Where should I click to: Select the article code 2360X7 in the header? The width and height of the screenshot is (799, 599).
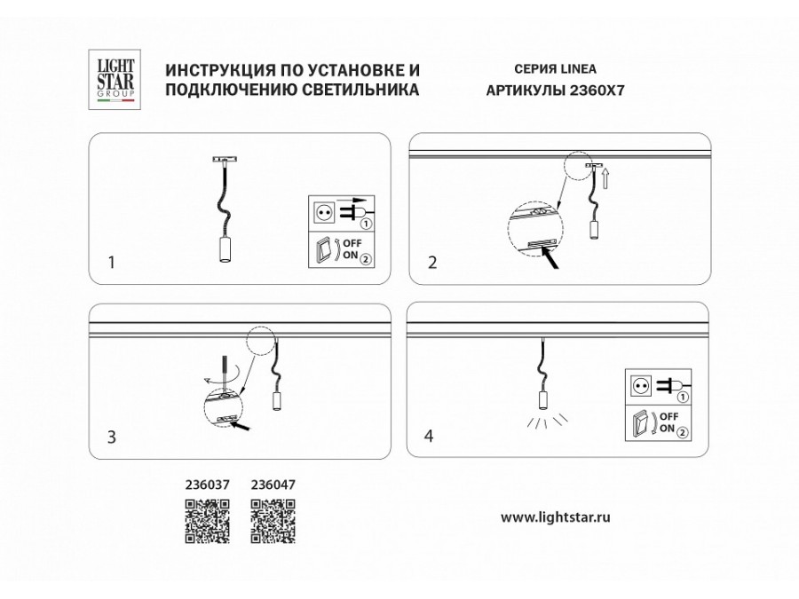pyautogui.click(x=607, y=91)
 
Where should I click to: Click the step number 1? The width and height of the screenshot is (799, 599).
pyautogui.click(x=110, y=263)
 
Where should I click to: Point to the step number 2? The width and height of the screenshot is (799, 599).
pyautogui.click(x=432, y=263)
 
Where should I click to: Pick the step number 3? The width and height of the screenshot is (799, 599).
pyautogui.click(x=111, y=437)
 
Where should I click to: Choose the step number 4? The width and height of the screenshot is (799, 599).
pyautogui.click(x=430, y=437)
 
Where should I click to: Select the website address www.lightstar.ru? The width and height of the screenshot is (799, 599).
pyautogui.click(x=556, y=516)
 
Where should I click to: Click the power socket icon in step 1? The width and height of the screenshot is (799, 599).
pyautogui.click(x=322, y=213)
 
